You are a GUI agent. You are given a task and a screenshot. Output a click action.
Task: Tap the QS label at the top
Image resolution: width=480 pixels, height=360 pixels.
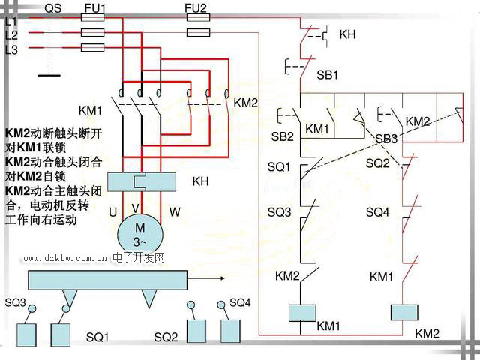click(x=53, y=8)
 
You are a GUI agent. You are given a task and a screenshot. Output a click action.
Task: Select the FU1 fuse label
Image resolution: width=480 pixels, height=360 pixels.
click(x=95, y=8)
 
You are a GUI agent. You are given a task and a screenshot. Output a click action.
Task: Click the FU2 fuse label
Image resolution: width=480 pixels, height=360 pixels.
click(x=196, y=8)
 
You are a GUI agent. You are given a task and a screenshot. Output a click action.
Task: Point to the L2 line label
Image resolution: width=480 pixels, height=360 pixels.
click(x=11, y=35)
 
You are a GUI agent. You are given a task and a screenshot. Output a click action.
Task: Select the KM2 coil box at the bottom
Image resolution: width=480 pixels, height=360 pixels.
click(x=404, y=311)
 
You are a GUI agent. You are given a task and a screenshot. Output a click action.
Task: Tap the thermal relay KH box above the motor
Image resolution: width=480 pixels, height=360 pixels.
click(x=142, y=181)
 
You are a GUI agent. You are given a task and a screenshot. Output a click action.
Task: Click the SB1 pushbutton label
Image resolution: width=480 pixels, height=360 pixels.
click(x=328, y=75)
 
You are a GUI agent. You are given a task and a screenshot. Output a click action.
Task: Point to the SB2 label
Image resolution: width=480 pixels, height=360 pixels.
click(x=282, y=136)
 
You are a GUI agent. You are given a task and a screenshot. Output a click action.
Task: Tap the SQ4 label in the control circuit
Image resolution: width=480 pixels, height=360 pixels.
click(x=377, y=212)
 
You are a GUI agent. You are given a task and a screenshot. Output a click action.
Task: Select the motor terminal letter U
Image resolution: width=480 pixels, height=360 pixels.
click(x=112, y=212)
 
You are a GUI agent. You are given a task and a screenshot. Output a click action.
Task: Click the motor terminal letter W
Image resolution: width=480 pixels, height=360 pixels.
click(x=174, y=212)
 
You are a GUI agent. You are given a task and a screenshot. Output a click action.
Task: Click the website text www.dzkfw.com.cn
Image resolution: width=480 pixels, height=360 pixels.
click(x=64, y=258)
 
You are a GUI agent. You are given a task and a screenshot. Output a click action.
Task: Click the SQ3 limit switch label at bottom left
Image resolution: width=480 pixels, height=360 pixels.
click(x=15, y=302)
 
